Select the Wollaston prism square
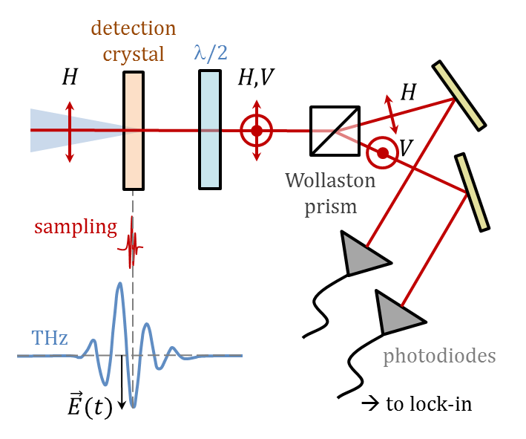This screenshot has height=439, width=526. coord(335,130)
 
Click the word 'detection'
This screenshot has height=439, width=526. coord(134,29)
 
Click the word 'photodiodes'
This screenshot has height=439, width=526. coord(439,356)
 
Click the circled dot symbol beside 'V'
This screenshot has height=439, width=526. coord(382,153)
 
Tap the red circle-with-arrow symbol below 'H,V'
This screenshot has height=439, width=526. coord(257,131)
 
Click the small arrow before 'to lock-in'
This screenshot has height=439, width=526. coord(369,404)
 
